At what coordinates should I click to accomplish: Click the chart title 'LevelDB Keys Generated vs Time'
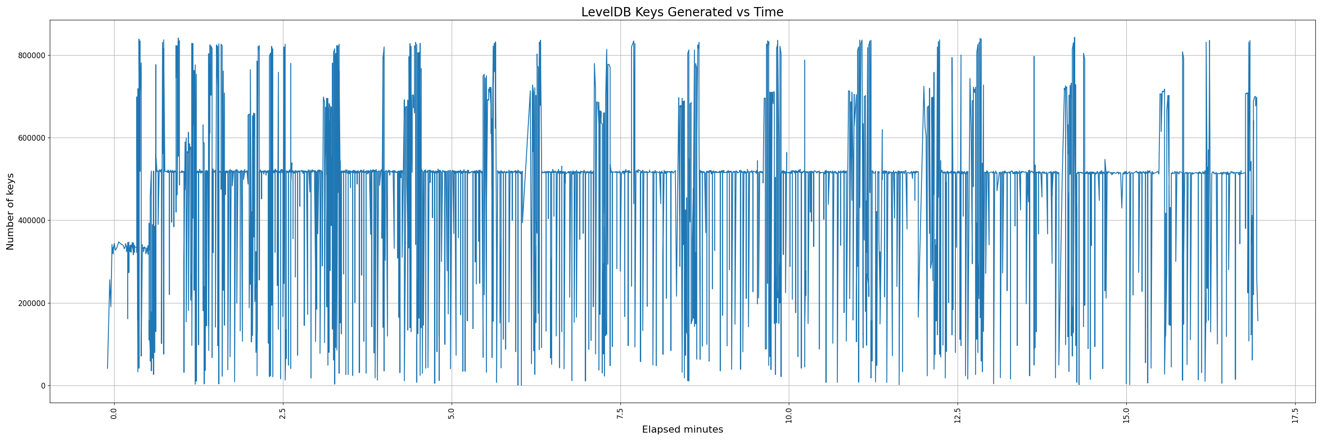click(682, 12)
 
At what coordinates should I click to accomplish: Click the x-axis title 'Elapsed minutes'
click(682, 430)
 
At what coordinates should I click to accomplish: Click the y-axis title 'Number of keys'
click(10, 212)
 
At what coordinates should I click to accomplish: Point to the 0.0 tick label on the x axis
click(114, 414)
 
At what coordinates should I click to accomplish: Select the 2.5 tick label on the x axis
click(283, 414)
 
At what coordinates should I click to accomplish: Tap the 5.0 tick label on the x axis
click(452, 414)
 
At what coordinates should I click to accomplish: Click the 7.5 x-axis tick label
click(620, 414)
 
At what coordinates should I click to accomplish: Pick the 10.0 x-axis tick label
click(789, 415)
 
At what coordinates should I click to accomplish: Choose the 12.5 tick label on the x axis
click(958, 415)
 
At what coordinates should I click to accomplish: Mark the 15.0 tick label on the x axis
click(1126, 415)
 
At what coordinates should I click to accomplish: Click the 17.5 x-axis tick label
click(1295, 415)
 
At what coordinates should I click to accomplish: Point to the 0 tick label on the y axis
click(43, 386)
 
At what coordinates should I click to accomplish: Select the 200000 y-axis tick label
click(30, 303)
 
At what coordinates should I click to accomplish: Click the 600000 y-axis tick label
click(30, 138)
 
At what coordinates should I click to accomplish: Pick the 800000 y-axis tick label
click(30, 56)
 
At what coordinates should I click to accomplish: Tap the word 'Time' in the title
click(768, 12)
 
